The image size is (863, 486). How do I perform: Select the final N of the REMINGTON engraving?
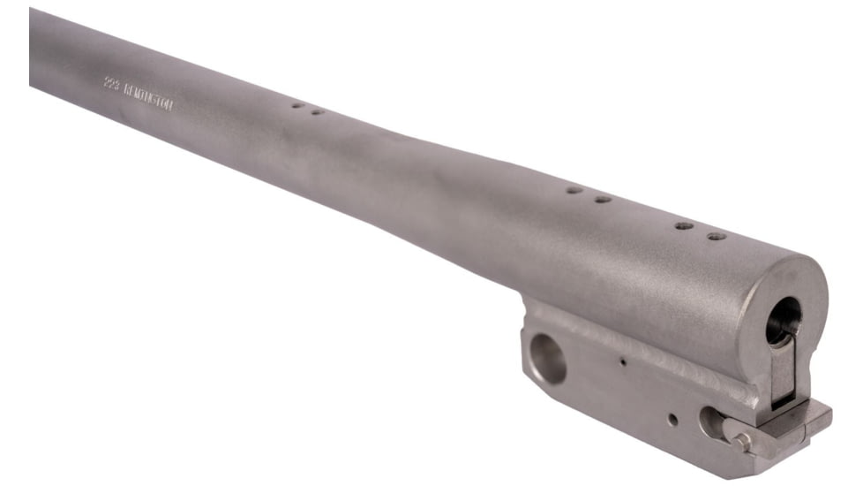click(170, 105)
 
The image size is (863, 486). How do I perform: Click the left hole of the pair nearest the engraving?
click(297, 105)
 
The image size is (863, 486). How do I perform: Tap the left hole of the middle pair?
click(574, 189)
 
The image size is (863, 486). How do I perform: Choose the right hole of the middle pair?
click(602, 199)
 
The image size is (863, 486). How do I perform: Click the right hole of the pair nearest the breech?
click(716, 236)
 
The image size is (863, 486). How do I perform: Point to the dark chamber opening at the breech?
click(783, 319)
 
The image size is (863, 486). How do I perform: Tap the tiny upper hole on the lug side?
click(623, 361)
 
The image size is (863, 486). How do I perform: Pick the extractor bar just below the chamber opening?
click(784, 371)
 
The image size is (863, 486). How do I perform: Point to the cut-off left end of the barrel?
click(34, 49)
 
